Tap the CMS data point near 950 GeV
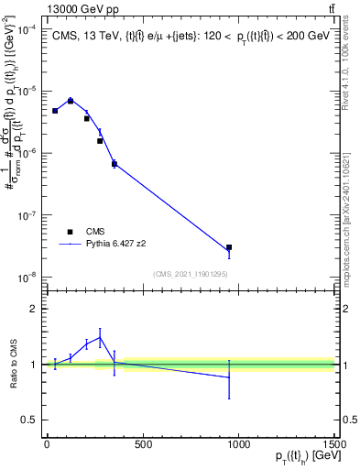tap(229, 247)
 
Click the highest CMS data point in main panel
tap(71, 101)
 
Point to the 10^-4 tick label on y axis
tap(31, 29)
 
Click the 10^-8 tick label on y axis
tap(31, 277)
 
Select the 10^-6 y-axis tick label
tap(31, 153)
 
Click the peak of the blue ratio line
tap(100, 336)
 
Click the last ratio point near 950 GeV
tap(229, 377)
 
